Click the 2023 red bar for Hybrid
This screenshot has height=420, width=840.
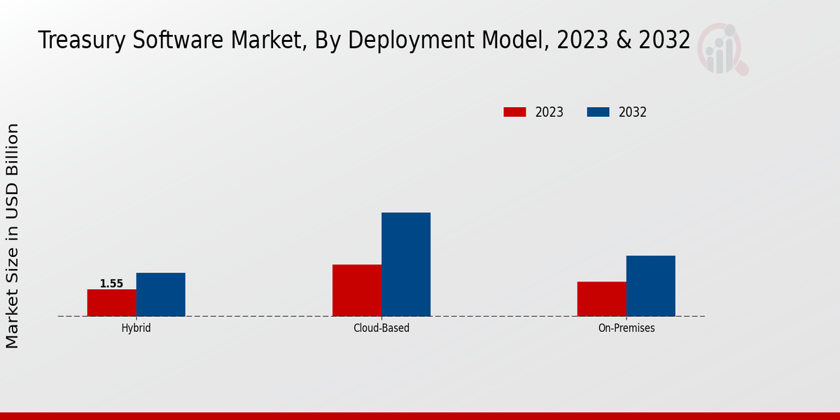pyautogui.click(x=111, y=302)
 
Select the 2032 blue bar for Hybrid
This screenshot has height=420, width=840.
pyautogui.click(x=160, y=294)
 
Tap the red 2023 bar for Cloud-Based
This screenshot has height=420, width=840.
pyautogui.click(x=357, y=290)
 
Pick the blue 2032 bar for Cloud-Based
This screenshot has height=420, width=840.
pyautogui.click(x=406, y=264)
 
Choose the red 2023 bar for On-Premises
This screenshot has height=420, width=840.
pyautogui.click(x=601, y=298)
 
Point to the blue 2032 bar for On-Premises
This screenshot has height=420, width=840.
pyautogui.click(x=650, y=286)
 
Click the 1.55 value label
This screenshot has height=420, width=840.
pyautogui.click(x=111, y=283)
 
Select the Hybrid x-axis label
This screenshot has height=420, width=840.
pyautogui.click(x=136, y=328)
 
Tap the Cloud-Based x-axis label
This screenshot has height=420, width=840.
pyautogui.click(x=381, y=328)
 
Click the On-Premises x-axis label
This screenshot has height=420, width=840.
pyautogui.click(x=626, y=328)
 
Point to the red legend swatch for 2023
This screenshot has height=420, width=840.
pyautogui.click(x=514, y=112)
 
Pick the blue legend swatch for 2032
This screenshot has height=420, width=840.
pyautogui.click(x=598, y=112)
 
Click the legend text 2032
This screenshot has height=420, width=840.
pyautogui.click(x=633, y=112)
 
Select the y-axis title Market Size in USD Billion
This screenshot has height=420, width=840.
pyautogui.click(x=13, y=236)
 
